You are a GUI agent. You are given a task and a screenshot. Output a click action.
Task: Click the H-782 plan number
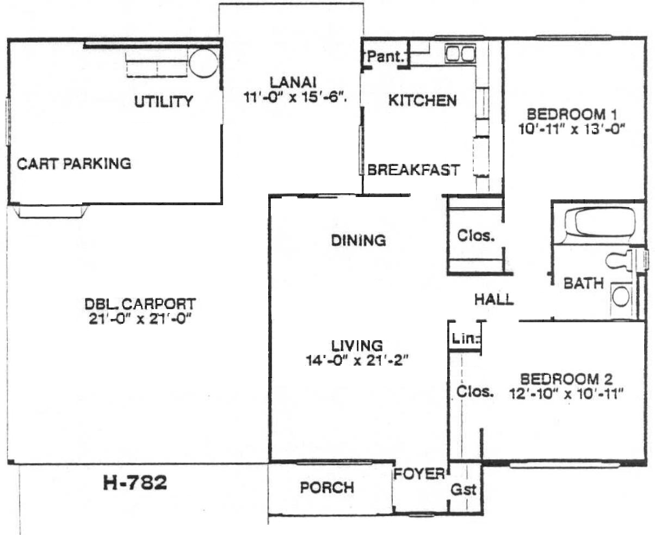point(135,483)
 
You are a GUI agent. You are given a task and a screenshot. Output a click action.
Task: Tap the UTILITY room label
point(164,102)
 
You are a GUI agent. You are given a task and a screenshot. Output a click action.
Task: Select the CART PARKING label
point(74,164)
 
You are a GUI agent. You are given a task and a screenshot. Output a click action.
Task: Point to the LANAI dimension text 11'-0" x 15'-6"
point(295,97)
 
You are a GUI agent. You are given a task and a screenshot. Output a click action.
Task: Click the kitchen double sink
point(460,54)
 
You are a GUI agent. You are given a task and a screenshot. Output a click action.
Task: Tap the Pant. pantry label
point(386,57)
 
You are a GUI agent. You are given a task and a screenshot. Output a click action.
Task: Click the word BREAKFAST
point(413,170)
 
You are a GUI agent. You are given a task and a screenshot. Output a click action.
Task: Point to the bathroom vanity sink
point(621,296)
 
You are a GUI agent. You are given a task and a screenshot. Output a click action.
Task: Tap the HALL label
point(494,299)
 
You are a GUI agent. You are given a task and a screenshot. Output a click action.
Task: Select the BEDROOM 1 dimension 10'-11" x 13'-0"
point(572,129)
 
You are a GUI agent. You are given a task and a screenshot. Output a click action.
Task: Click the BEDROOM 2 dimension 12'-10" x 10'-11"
point(566,394)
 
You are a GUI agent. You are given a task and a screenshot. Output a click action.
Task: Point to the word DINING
point(359,241)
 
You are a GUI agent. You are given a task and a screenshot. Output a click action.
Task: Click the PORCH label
point(327,488)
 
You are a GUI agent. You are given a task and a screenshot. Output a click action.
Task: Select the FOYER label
point(419,474)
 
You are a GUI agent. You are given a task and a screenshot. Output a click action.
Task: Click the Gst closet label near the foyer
point(464,490)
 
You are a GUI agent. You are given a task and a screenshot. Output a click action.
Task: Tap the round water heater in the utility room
point(204,63)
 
